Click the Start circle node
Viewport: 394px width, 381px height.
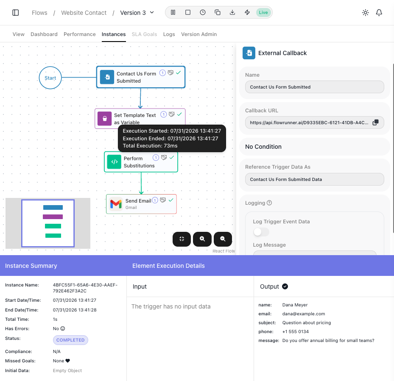click(x=50, y=78)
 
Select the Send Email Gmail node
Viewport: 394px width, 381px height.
click(x=141, y=204)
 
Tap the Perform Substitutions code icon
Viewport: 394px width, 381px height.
click(x=114, y=162)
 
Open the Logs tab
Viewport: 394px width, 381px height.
click(x=169, y=34)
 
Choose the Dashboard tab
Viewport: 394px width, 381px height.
click(x=44, y=34)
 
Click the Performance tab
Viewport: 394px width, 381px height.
click(x=79, y=34)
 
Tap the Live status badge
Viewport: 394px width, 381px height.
click(x=263, y=13)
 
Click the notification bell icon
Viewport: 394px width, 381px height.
click(x=379, y=13)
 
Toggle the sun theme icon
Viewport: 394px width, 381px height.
click(x=365, y=13)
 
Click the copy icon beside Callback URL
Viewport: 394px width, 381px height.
click(x=375, y=122)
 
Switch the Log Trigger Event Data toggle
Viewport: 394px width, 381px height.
click(x=261, y=232)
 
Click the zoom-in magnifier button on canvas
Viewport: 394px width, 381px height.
click(x=202, y=239)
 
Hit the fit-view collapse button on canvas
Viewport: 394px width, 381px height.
click(x=182, y=239)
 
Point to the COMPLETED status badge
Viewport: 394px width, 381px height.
click(x=70, y=340)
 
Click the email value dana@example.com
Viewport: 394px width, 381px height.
click(x=304, y=314)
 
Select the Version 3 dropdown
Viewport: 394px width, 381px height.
click(x=137, y=13)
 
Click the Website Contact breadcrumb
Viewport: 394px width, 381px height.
click(x=84, y=13)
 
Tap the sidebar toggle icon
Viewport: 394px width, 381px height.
click(x=16, y=13)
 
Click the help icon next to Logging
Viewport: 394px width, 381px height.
click(x=269, y=203)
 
